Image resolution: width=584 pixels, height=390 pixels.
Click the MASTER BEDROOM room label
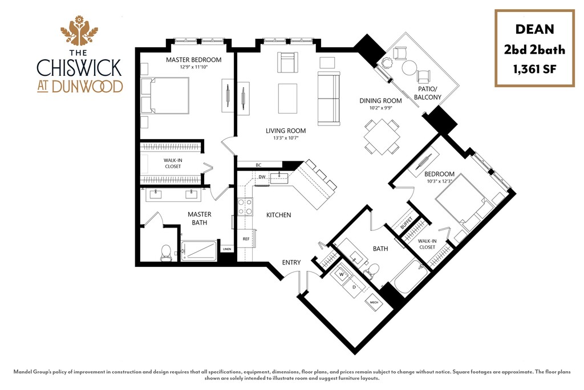(193, 60)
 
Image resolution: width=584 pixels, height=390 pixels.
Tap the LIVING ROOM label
(286, 131)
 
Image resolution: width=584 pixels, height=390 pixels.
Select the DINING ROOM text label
(380, 101)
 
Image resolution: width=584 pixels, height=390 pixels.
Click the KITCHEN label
(279, 215)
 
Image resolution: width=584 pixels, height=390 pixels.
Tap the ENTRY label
(291, 263)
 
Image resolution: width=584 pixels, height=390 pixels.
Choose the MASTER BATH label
(200, 218)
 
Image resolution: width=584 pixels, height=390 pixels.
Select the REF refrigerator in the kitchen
(246, 239)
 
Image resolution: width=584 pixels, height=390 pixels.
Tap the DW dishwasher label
(262, 177)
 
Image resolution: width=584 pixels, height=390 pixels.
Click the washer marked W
(343, 274)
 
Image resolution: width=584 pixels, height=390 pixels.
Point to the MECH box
(374, 303)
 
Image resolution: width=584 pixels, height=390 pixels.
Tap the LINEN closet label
(227, 249)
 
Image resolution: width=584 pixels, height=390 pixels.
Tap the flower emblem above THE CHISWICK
(79, 32)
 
